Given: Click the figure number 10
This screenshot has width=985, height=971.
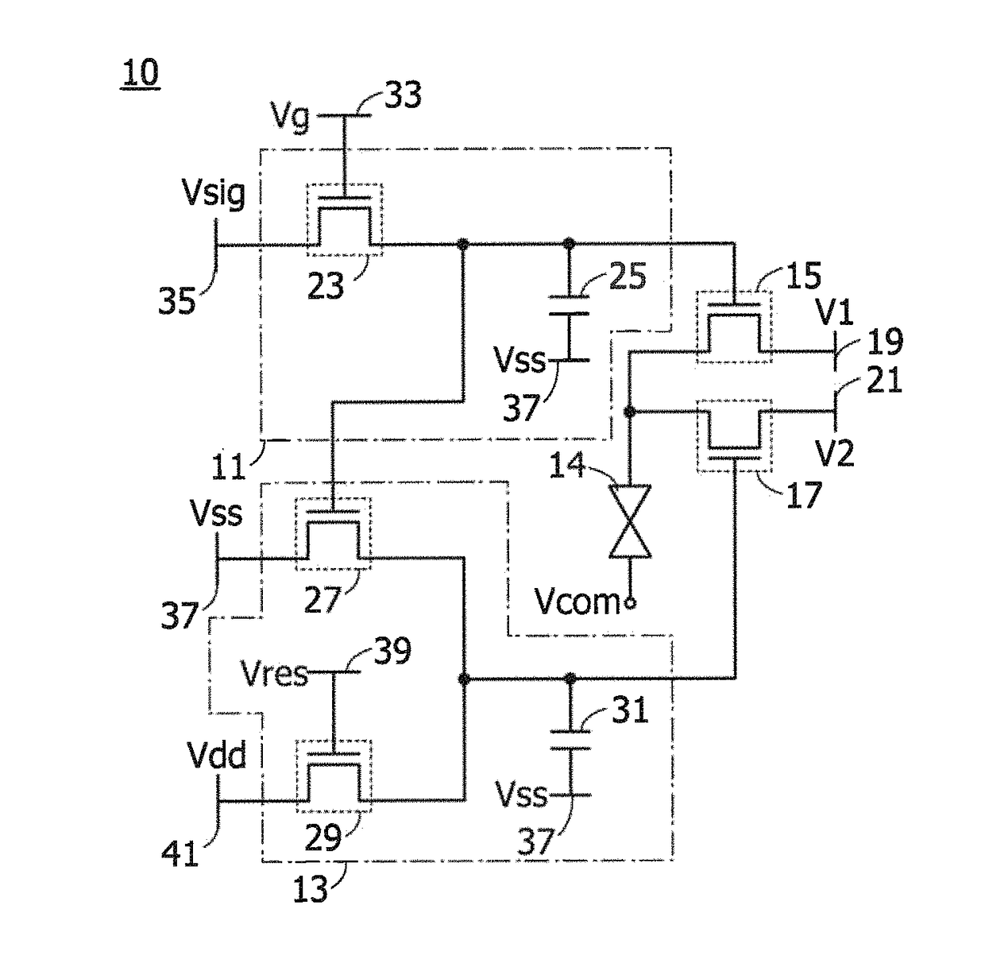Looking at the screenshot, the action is point(141,72).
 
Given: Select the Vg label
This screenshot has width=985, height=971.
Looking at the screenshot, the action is point(291,117).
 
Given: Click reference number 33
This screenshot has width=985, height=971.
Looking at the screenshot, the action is point(404,95).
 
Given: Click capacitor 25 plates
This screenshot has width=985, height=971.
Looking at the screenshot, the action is point(569,305).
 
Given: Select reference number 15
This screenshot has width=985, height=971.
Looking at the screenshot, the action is point(804,276).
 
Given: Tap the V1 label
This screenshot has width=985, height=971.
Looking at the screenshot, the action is point(835,312).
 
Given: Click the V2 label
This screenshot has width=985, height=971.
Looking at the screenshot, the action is point(835,453).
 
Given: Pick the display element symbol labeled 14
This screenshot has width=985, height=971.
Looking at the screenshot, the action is point(630,521).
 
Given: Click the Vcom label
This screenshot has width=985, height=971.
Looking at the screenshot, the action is point(577,602).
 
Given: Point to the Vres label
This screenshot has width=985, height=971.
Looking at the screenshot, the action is point(276,674).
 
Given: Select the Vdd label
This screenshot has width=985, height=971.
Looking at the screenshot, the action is point(217,755).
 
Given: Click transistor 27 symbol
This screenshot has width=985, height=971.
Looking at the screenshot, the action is point(334,534).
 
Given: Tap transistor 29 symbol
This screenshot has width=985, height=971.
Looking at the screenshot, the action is point(334,776).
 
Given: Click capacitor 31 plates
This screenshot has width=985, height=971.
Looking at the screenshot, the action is point(570,740).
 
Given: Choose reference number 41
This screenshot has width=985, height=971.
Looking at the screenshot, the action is point(180,853).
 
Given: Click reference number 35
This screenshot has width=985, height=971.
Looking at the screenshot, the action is point(177,300).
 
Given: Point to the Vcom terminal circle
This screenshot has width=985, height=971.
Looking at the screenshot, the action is point(631,604).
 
